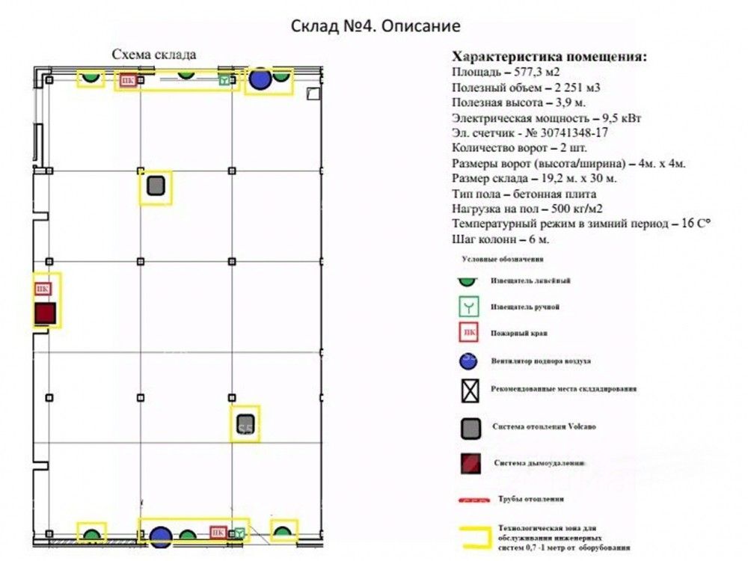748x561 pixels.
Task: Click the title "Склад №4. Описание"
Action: [375, 26]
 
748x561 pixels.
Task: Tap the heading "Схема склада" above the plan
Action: [154, 55]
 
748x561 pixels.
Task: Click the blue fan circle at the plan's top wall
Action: [260, 79]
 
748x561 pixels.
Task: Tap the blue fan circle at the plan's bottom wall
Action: [161, 536]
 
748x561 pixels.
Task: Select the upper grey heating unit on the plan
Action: [156, 185]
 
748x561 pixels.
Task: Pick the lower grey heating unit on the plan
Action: [245, 423]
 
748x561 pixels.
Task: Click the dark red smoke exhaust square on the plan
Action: [45, 313]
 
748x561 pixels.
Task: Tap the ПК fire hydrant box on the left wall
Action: [43, 288]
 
